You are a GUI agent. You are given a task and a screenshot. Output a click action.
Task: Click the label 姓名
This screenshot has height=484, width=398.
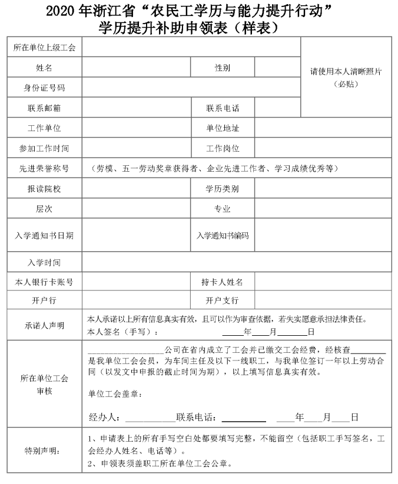point(44,68)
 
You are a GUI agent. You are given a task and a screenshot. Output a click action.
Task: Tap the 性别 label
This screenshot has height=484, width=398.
point(222,68)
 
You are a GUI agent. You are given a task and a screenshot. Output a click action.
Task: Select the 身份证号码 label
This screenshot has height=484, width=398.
point(44,88)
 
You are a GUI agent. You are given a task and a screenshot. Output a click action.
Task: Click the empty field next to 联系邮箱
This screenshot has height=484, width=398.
point(136,108)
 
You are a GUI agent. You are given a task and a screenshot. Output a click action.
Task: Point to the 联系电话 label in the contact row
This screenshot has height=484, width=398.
point(222,108)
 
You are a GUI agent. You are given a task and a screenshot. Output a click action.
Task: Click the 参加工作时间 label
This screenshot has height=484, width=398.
point(44,148)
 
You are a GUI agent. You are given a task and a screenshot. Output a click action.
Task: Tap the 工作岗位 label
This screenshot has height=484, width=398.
point(222,148)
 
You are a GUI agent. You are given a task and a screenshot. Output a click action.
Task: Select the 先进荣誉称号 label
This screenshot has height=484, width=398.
point(44,169)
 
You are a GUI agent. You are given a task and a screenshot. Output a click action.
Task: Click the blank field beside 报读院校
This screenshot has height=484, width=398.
point(136,189)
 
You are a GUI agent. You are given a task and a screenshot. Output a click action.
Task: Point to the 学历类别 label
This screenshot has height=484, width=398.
point(222,189)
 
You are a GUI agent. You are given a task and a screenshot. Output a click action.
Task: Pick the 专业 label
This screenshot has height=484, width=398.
point(222,209)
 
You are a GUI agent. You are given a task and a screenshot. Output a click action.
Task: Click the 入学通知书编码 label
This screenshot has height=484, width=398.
point(222,236)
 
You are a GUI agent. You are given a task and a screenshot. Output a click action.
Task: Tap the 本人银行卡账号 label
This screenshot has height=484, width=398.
point(44,282)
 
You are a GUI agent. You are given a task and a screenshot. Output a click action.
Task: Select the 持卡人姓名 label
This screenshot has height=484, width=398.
point(222,282)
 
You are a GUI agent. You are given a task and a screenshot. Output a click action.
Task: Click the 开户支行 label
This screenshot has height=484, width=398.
point(222,301)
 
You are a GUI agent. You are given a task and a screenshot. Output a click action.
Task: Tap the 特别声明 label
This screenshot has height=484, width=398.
point(44,451)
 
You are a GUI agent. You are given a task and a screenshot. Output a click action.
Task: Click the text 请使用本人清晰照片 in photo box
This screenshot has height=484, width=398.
point(346,72)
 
